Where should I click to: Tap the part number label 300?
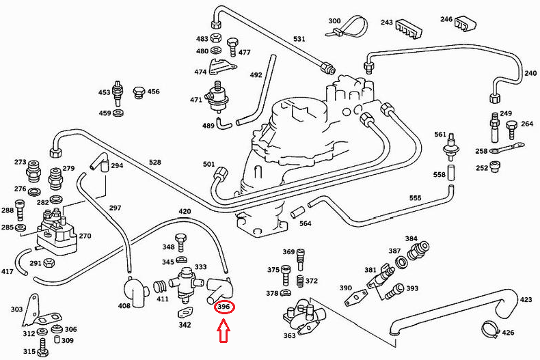click(x=334, y=21)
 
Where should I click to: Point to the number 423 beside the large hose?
click(x=526, y=299)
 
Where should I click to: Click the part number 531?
click(x=299, y=39)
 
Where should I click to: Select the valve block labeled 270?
click(x=57, y=229)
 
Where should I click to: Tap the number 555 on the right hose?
click(x=415, y=197)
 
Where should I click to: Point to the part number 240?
click(x=530, y=73)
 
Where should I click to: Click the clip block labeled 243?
click(x=409, y=29)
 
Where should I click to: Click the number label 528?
click(x=155, y=163)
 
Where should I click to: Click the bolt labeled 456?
click(x=139, y=92)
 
